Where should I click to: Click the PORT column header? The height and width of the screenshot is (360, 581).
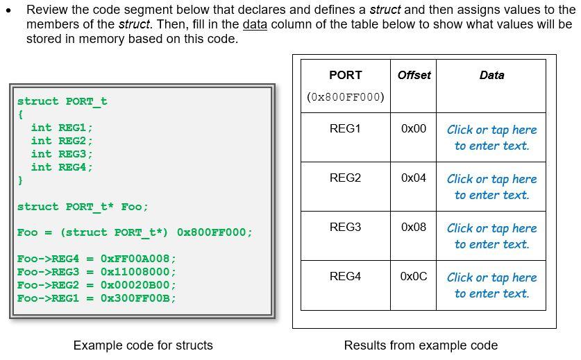coord(345,75)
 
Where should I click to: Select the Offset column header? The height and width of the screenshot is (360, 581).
coord(414,75)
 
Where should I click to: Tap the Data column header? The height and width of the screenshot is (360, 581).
coord(491,75)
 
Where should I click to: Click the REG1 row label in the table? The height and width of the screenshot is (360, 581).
coord(345,129)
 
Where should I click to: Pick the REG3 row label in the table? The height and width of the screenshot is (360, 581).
coord(345,228)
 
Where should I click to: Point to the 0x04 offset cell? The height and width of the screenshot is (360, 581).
coord(414,178)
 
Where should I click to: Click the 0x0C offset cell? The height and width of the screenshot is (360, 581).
coord(414,277)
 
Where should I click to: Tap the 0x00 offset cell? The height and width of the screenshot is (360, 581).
coord(414,129)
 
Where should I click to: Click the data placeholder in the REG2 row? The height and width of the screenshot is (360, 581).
coord(491,187)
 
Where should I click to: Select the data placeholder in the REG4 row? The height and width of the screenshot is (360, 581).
coord(491,285)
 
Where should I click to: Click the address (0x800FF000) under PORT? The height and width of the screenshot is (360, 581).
coord(345,97)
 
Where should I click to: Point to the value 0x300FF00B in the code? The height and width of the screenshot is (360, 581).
coord(138,298)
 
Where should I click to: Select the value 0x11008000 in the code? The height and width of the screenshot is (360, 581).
coord(138,272)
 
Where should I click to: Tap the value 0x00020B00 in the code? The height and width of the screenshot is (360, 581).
coord(138,285)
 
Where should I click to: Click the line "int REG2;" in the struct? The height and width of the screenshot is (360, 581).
coord(61,141)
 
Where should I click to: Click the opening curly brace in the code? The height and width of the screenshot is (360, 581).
coord(21,114)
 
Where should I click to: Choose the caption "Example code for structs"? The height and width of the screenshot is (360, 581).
coord(143,345)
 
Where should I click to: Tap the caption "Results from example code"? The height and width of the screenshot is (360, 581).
coord(421,345)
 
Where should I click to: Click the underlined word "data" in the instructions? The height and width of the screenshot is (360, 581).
coord(255,25)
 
